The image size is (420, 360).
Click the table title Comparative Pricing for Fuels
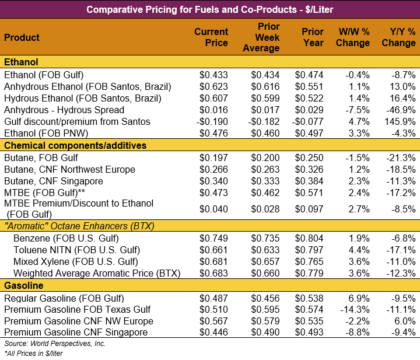pyautogui.click(x=209, y=9)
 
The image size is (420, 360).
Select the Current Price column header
pyautogui.click(x=211, y=37)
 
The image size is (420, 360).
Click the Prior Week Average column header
pyautogui.click(x=261, y=37)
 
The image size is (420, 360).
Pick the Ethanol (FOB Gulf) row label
pyautogui.click(x=44, y=75)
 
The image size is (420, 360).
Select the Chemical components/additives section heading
pyautogui.click(x=75, y=145)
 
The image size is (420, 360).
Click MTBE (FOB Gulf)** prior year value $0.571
pyautogui.click(x=309, y=193)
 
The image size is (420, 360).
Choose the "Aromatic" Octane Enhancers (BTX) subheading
pyautogui.click(x=79, y=226)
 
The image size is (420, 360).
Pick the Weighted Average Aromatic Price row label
pyautogui.click(x=97, y=273)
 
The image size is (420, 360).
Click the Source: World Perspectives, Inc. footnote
pyautogui.click(x=55, y=344)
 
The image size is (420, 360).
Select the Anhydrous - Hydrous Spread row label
pyautogui.click(x=64, y=110)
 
